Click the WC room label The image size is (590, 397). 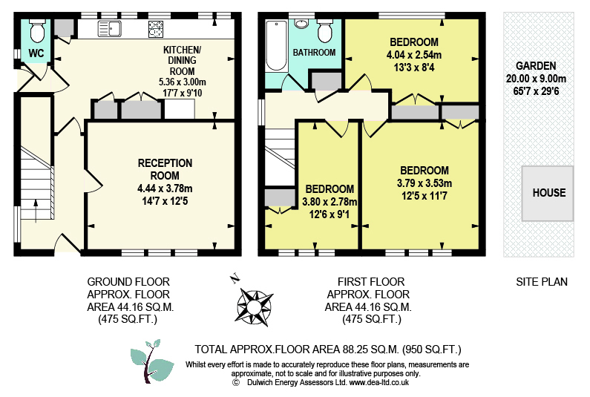36,53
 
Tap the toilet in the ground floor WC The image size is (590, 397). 37,30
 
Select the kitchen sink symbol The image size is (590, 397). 110,29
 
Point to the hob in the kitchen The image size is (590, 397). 156,29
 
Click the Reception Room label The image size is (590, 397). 165,169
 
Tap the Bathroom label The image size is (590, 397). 314,53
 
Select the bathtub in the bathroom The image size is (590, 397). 277,45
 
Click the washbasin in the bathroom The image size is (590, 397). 302,23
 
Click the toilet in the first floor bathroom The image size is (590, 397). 325,30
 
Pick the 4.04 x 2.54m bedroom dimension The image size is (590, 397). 414,55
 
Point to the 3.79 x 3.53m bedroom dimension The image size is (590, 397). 425,183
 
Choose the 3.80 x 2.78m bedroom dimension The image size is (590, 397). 330,202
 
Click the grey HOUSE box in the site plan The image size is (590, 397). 548,194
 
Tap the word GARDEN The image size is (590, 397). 536,66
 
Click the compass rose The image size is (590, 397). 255,307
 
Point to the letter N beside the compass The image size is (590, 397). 235,278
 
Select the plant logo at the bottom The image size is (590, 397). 152,361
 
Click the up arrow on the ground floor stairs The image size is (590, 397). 36,211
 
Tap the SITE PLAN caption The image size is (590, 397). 542,282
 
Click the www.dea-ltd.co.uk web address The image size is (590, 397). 379,383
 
